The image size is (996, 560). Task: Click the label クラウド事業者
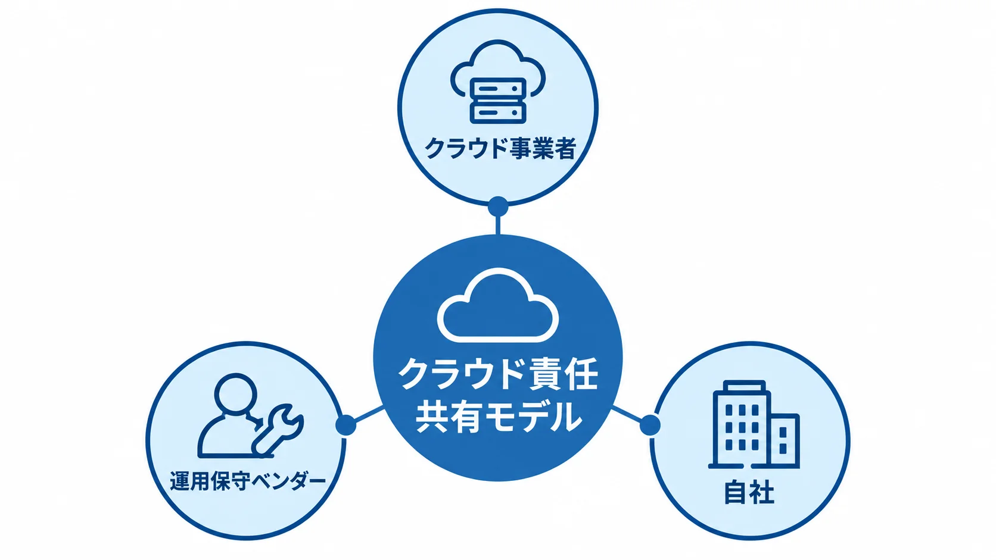(500, 148)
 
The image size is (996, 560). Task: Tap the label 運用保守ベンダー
(248, 481)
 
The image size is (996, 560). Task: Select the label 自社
(749, 492)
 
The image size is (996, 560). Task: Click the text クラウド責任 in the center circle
(498, 374)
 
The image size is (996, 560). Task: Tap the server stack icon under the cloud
(498, 101)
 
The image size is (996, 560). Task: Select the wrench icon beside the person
(277, 431)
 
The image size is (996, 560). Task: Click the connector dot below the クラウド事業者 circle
(498, 207)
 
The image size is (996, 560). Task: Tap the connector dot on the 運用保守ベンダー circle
(346, 425)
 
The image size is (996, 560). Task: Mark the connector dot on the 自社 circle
(650, 425)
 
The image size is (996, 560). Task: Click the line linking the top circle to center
(497, 226)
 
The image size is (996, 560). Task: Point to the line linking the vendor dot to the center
(369, 414)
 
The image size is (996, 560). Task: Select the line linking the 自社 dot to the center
(627, 414)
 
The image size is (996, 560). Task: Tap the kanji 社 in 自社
(762, 492)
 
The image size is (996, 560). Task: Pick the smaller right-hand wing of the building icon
(785, 440)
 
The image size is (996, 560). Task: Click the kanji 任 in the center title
(581, 374)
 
